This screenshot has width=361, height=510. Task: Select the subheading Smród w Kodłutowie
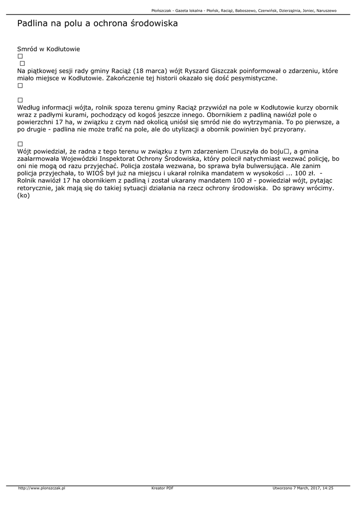point(48,49)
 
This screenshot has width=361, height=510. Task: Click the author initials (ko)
point(23,195)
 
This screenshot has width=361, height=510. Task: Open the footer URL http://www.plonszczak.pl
point(41,488)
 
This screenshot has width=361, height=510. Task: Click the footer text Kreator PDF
point(162,488)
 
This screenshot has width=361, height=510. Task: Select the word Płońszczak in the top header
point(162,10)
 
